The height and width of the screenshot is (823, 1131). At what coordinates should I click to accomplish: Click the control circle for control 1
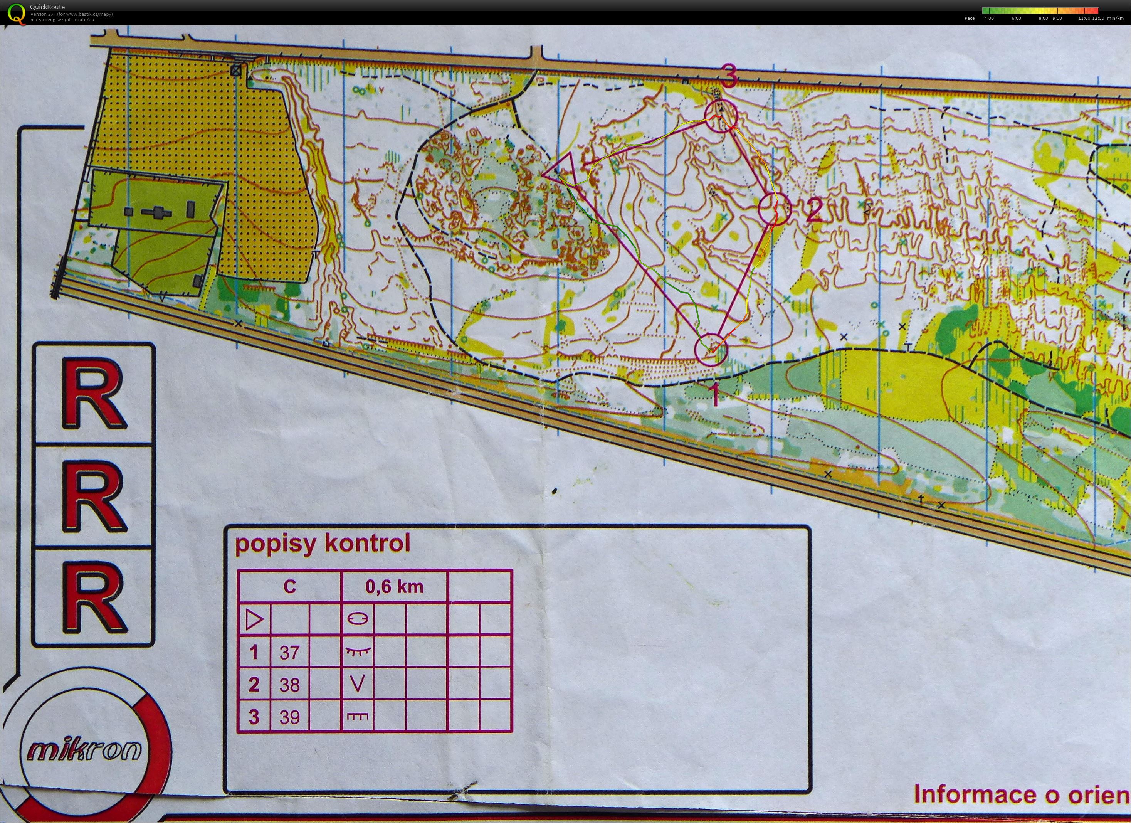click(711, 350)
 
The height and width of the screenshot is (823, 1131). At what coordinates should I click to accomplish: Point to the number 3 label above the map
click(729, 78)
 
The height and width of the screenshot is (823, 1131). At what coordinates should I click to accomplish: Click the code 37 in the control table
click(289, 652)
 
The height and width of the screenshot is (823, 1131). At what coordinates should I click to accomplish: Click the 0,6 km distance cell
click(394, 587)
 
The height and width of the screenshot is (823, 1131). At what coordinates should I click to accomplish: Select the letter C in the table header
click(290, 587)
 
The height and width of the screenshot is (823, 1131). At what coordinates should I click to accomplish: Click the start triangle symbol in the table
click(254, 620)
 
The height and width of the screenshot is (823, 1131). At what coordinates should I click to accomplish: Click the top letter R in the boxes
click(94, 394)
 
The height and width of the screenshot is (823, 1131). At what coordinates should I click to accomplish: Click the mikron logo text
click(84, 749)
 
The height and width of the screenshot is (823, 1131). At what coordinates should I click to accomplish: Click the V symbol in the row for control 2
click(358, 684)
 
